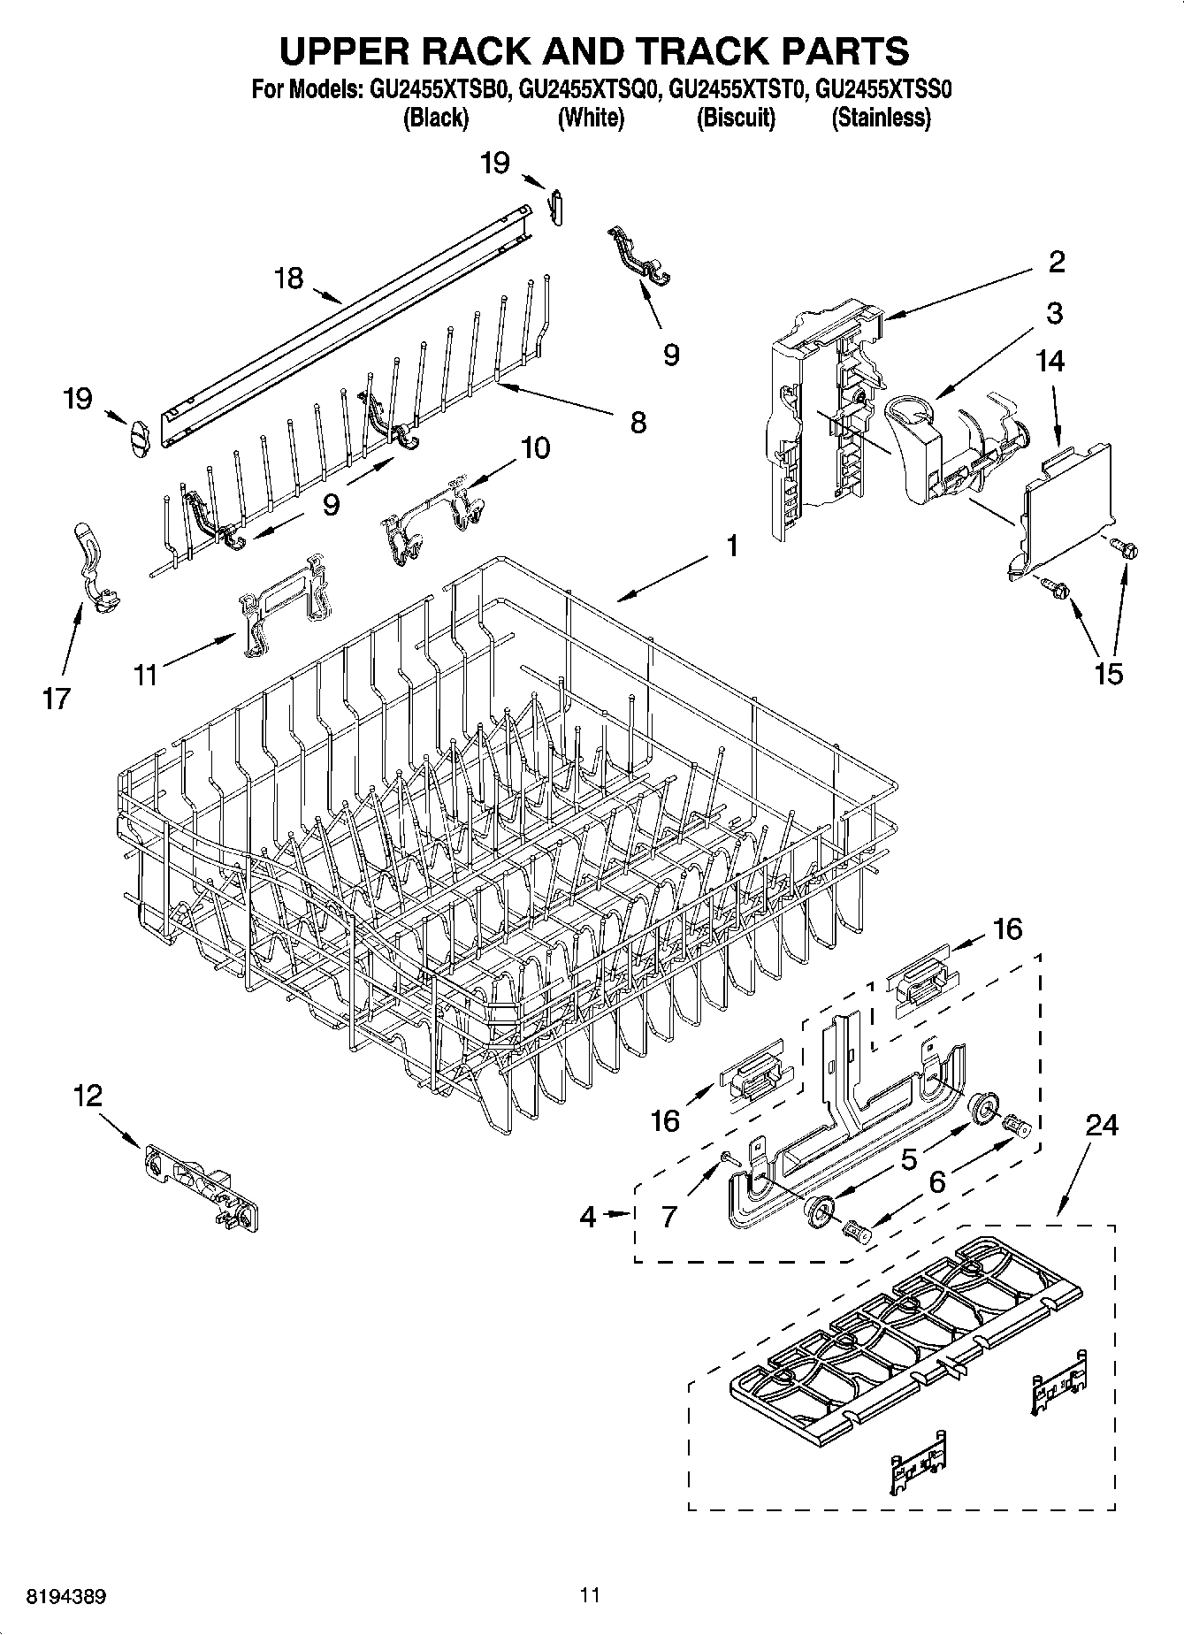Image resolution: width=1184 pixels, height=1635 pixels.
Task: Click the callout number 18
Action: click(x=288, y=278)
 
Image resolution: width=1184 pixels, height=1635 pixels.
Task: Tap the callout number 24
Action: click(x=1102, y=1125)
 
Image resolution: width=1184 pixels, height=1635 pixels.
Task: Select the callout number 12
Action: click(x=88, y=1096)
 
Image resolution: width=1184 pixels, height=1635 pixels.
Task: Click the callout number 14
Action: click(x=1051, y=360)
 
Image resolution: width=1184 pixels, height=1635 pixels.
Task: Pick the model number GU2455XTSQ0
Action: click(x=590, y=89)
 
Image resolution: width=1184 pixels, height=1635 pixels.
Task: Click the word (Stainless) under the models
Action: click(x=881, y=118)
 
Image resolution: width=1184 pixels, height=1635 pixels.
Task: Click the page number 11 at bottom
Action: click(x=591, y=1595)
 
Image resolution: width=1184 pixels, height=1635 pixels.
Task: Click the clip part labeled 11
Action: click(x=283, y=603)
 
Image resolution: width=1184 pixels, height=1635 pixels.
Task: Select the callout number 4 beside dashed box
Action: click(x=588, y=1218)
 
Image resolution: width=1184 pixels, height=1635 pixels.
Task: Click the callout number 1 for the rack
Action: click(x=731, y=546)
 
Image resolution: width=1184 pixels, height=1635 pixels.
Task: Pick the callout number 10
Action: click(x=535, y=447)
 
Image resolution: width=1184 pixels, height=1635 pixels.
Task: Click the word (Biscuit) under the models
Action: click(x=736, y=118)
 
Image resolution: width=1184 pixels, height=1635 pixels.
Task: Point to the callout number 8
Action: click(x=638, y=422)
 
